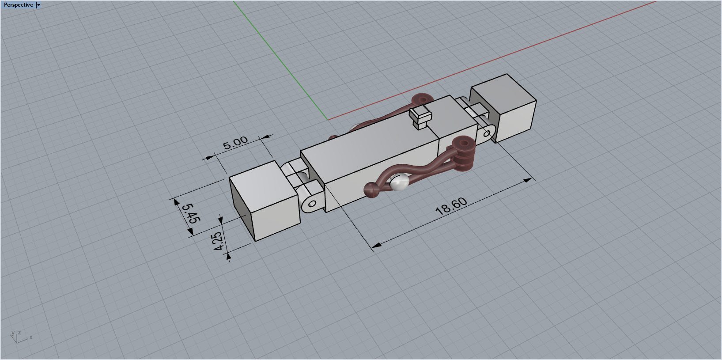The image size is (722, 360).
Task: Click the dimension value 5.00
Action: pyautogui.click(x=235, y=143)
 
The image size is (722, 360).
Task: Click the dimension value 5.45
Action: pyautogui.click(x=191, y=213)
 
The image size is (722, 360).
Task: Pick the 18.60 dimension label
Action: pyautogui.click(x=451, y=206)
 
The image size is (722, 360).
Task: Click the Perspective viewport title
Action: pyautogui.click(x=18, y=5)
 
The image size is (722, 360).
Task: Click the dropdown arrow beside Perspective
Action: pyautogui.click(x=38, y=5)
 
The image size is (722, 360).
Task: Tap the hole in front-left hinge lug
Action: pyautogui.click(x=312, y=204)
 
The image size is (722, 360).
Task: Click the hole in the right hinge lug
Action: pyautogui.click(x=488, y=133)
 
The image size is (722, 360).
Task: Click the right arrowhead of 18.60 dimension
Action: pyautogui.click(x=527, y=180)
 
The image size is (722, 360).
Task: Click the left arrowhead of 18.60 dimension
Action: pyautogui.click(x=376, y=244)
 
